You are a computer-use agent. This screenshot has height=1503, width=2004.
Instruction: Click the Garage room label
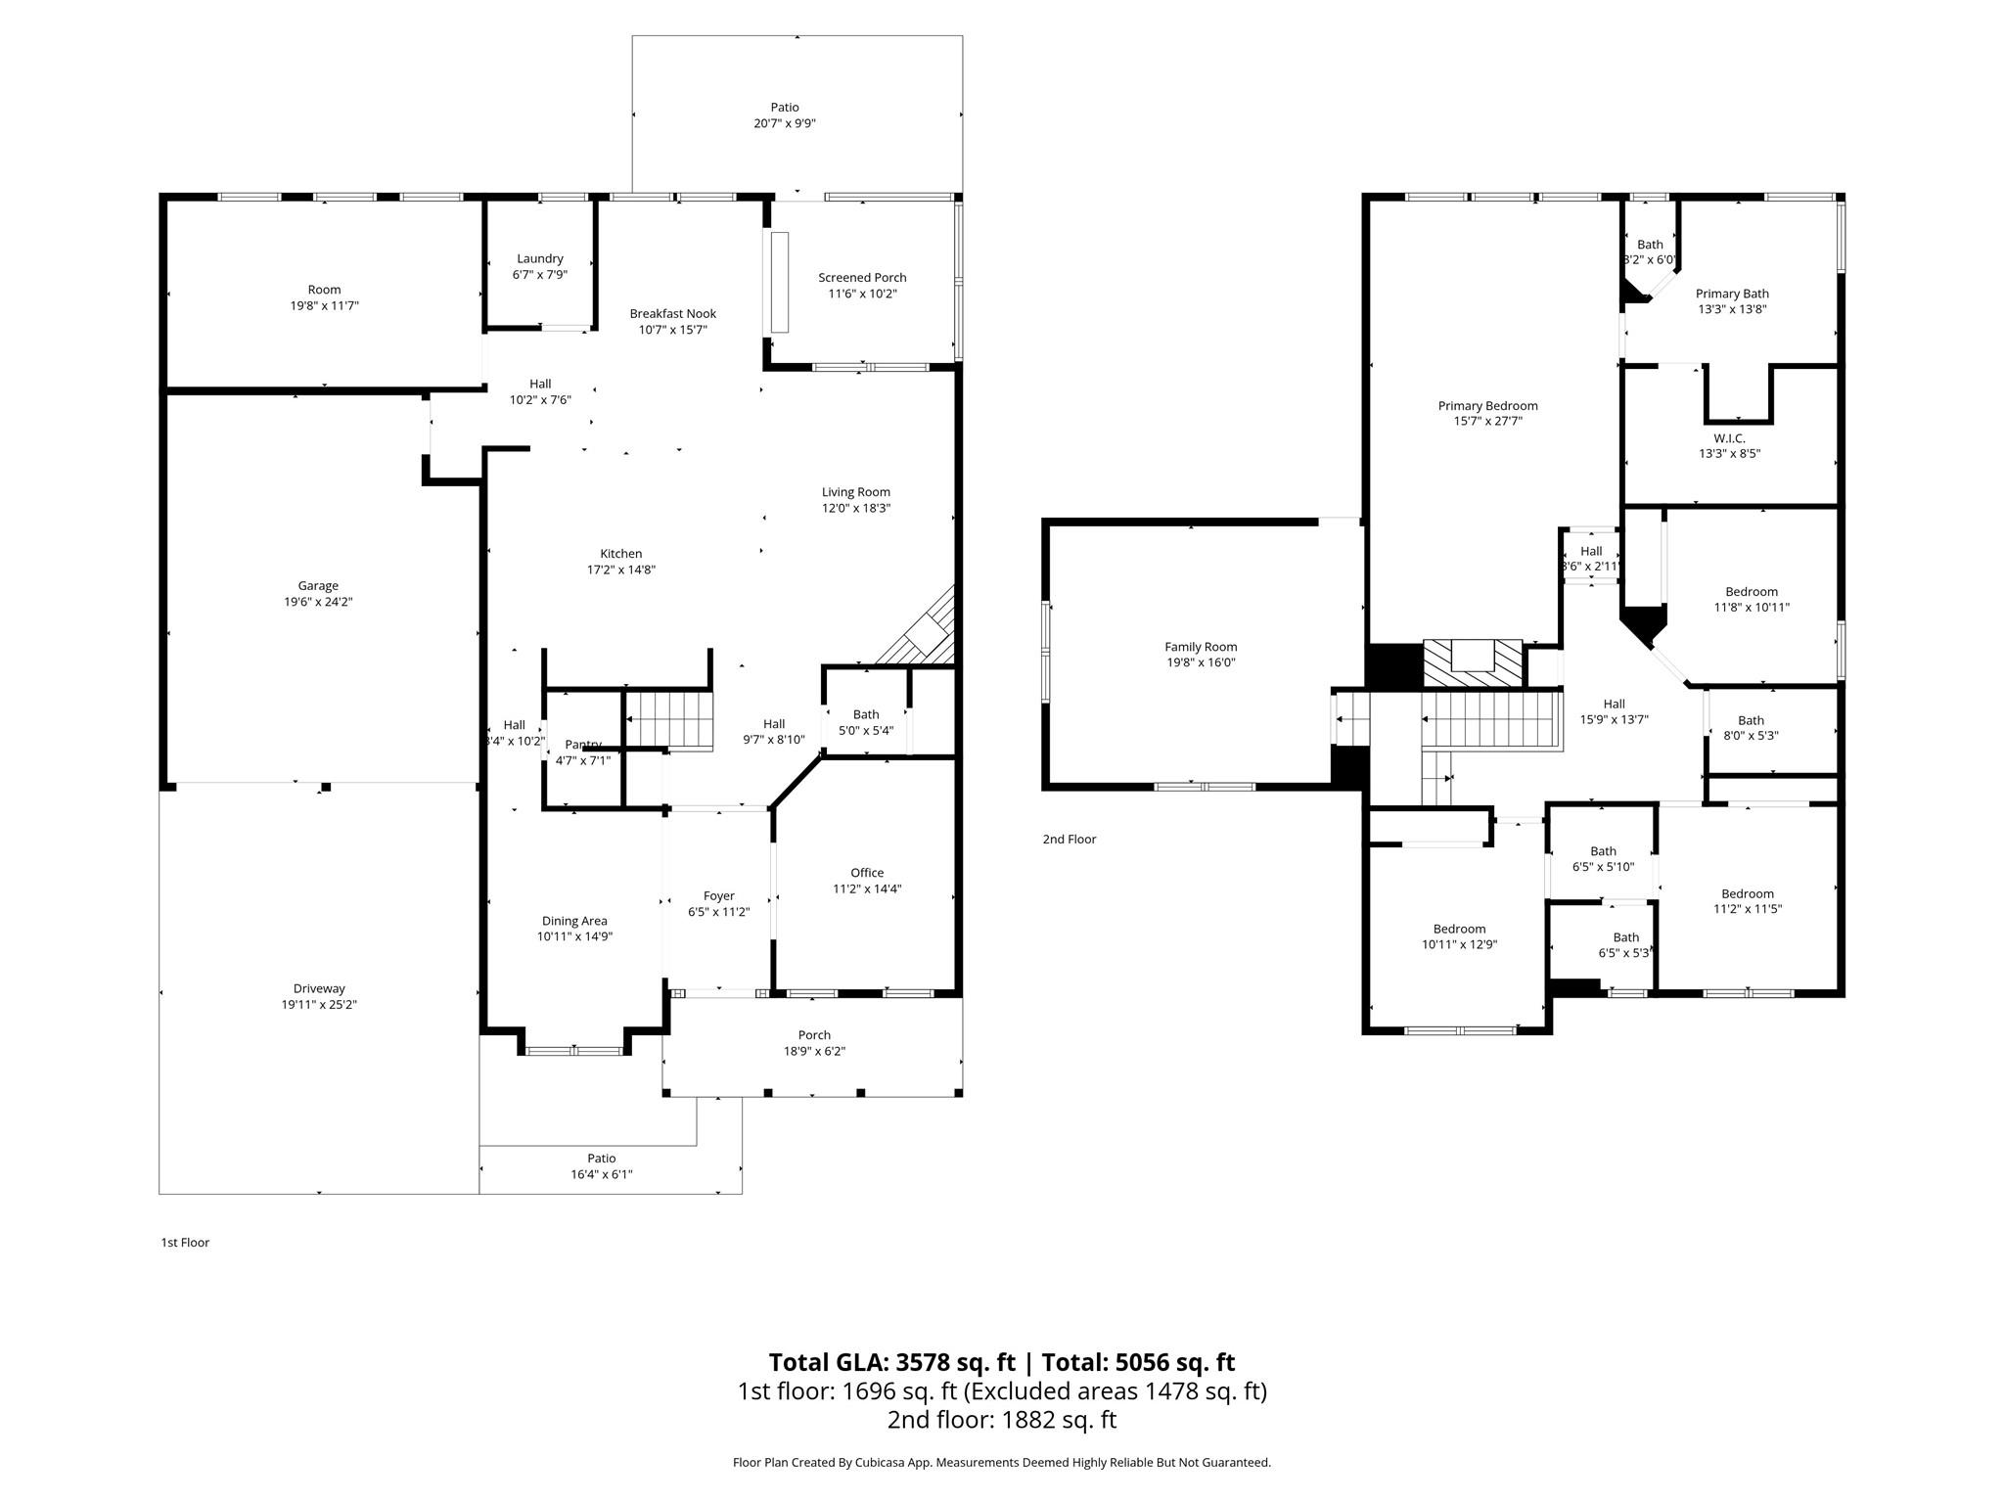pyautogui.click(x=318, y=586)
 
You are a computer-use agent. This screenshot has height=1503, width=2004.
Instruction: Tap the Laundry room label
pyautogui.click(x=540, y=259)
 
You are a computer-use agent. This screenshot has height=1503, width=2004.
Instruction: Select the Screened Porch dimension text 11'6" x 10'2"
pyautogui.click(x=862, y=294)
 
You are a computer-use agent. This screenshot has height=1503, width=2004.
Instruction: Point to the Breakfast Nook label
pyautogui.click(x=672, y=314)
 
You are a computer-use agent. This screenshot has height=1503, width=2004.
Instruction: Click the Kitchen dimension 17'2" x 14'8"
pyautogui.click(x=620, y=569)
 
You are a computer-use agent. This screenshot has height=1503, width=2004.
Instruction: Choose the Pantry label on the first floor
pyautogui.click(x=583, y=745)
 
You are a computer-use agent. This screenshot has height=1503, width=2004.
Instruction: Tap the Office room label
pyautogui.click(x=867, y=873)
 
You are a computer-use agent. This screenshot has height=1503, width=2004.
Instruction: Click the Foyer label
pyautogui.click(x=718, y=896)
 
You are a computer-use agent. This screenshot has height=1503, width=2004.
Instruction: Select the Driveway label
pyautogui.click(x=319, y=988)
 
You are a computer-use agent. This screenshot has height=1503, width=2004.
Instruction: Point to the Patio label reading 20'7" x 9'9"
pyautogui.click(x=784, y=108)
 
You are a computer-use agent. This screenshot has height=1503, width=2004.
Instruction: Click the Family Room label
pyautogui.click(x=1201, y=647)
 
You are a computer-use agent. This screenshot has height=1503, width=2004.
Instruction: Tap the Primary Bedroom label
pyautogui.click(x=1487, y=406)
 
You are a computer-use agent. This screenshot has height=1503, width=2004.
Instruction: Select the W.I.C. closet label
pyautogui.click(x=1729, y=438)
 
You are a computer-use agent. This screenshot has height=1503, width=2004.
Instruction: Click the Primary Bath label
pyautogui.click(x=1732, y=294)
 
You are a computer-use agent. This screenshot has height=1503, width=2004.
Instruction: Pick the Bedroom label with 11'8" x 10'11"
pyautogui.click(x=1752, y=592)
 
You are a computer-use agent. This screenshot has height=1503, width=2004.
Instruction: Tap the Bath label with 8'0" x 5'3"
pyautogui.click(x=1751, y=720)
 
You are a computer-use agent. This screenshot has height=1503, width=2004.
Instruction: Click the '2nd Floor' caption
pyautogui.click(x=1069, y=840)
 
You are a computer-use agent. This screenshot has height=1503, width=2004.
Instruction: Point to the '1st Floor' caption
pyautogui.click(x=185, y=1243)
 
